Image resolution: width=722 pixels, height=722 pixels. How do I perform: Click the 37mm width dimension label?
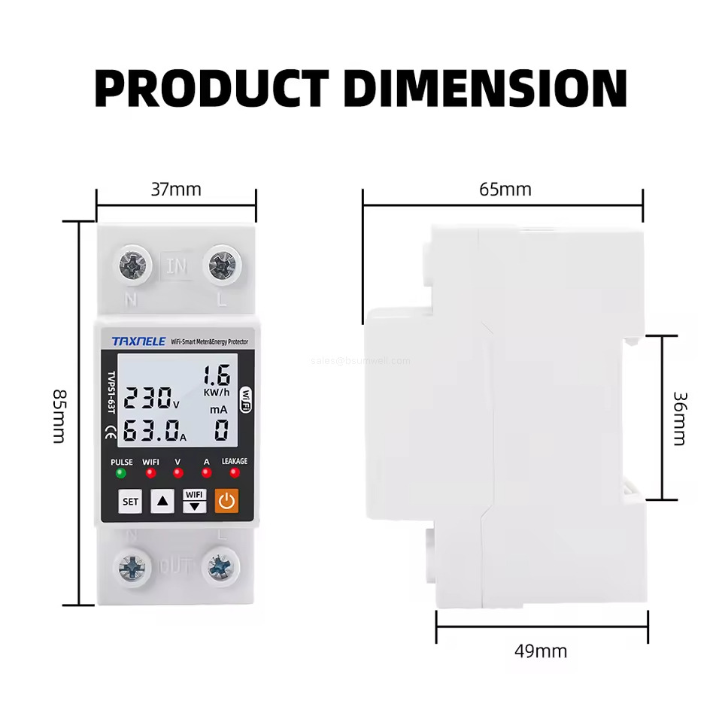pos(176,189)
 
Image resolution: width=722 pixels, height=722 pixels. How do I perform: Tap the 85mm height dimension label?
pos(58,415)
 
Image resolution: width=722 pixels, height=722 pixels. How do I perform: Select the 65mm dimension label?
pos(505,189)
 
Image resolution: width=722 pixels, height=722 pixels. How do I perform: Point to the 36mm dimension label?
pos(679,417)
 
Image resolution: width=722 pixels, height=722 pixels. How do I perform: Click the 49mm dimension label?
pos(541,651)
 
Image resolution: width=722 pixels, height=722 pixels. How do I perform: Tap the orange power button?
pos(226,500)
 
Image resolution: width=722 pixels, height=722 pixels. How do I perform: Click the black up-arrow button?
pos(162,501)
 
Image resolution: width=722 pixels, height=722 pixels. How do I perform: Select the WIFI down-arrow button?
pos(194,500)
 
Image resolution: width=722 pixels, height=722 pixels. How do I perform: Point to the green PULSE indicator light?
pos(120,473)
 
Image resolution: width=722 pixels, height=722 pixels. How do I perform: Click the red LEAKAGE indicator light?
pos(235,473)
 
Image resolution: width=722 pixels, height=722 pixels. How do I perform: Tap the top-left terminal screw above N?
pos(132,265)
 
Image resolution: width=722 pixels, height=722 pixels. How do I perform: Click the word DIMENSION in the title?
pos(485,88)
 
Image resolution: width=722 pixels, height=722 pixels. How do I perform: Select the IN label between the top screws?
pos(177,265)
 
